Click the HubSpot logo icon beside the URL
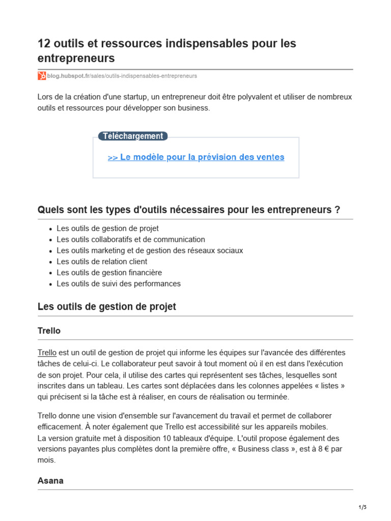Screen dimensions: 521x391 coord(42,76)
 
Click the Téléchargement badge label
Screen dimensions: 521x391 coord(133,136)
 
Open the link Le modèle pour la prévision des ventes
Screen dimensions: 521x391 coord(196,157)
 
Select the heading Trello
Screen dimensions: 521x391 coord(49,331)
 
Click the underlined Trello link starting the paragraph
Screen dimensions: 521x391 coord(47,353)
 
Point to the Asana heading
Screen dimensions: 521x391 coord(50,481)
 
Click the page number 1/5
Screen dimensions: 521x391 coord(362,507)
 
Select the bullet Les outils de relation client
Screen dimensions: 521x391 coord(102,262)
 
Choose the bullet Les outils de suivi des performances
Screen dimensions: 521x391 coord(119,284)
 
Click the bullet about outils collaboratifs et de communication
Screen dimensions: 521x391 coord(131,240)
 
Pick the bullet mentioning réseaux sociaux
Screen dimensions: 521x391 coord(150,251)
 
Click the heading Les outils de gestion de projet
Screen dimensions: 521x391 coord(107,307)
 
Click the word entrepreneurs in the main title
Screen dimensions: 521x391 coord(76,59)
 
